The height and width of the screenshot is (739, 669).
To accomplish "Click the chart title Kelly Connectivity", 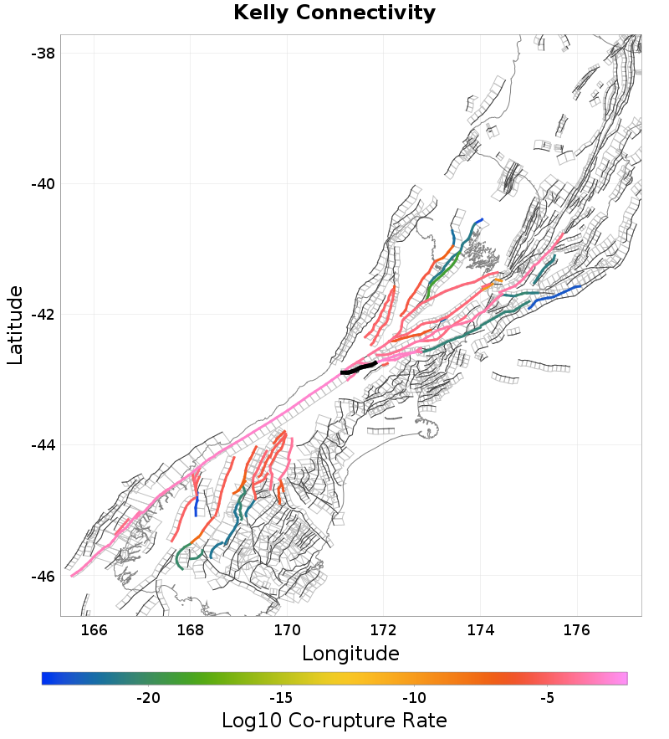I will [334, 13].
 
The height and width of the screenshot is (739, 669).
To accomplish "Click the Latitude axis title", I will [15, 325].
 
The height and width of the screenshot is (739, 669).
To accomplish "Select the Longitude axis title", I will [350, 653].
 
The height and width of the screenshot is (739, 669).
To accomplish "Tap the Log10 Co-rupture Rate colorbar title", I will [334, 720].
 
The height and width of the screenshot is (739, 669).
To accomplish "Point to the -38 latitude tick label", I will [43, 53].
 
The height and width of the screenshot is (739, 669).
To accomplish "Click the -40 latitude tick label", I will [43, 183].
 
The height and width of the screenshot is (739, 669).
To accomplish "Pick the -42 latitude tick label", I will [43, 315].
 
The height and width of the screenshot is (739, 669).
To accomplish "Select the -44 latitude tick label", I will [43, 445].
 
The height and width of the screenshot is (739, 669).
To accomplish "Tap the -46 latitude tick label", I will [43, 577].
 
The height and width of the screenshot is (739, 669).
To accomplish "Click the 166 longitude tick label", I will [94, 629].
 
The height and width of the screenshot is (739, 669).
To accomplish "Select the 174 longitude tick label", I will [480, 629].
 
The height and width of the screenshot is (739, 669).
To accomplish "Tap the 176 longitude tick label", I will [577, 629].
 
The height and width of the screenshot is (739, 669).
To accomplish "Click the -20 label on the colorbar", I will [148, 698].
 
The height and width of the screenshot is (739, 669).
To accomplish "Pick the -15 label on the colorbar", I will [280, 698].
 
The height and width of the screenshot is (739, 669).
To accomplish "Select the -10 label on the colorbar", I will [413, 698].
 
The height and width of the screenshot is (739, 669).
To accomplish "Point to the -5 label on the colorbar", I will [546, 698].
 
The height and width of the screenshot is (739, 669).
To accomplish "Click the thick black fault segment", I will [360, 367].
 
